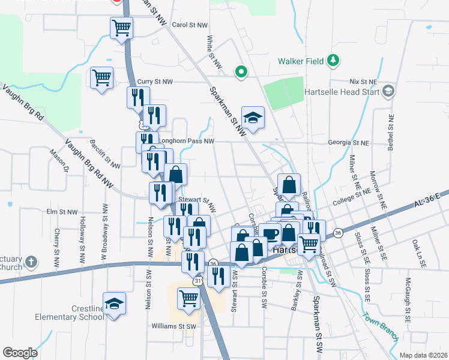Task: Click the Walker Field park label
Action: pos(301,61)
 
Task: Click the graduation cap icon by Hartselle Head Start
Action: pos(388,91)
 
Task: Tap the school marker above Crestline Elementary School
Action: pos(114,304)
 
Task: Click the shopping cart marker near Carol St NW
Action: pos(121,28)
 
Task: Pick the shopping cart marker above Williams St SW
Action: pos(188,298)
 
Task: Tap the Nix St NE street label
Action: pos(363,82)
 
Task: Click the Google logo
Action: pos(20,352)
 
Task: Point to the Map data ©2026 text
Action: pos(423,355)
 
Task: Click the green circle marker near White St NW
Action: pos(241,71)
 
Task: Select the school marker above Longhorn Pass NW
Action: pos(253,118)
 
